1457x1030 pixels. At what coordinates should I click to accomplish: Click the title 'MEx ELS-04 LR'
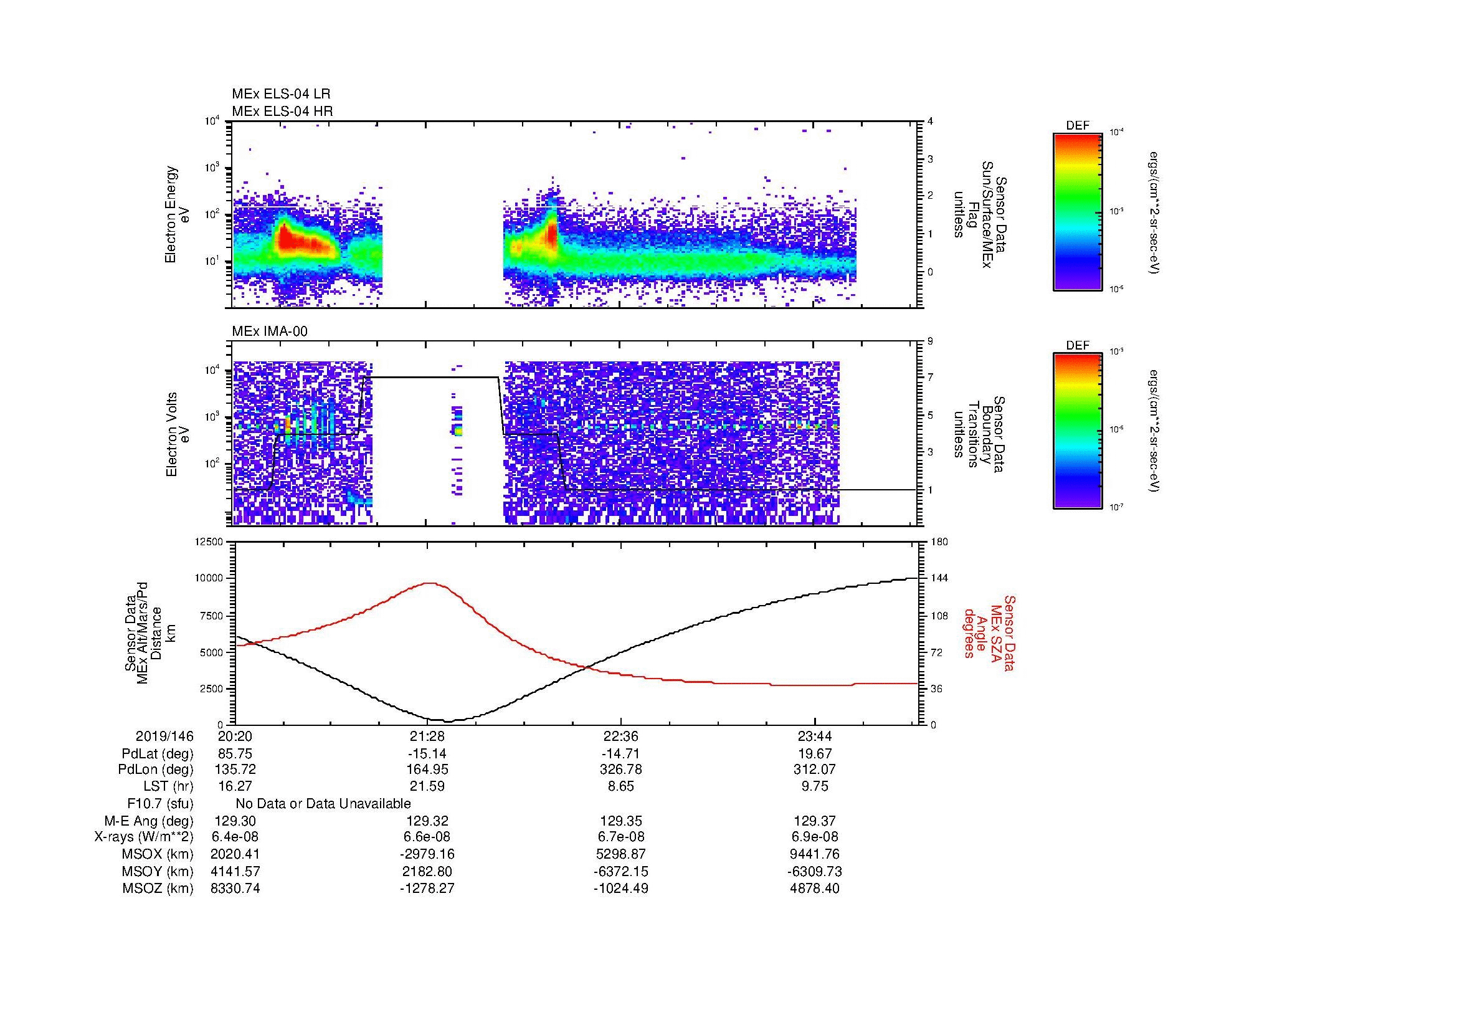pyautogui.click(x=280, y=94)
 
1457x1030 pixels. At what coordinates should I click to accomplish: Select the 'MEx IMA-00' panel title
pyautogui.click(x=270, y=331)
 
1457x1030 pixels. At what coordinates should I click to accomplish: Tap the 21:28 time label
pyautogui.click(x=427, y=737)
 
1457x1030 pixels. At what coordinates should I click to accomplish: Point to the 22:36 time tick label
pyautogui.click(x=620, y=737)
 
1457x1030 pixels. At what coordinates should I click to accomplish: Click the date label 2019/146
pyautogui.click(x=164, y=737)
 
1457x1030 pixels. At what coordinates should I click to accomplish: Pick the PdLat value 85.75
pyautogui.click(x=235, y=754)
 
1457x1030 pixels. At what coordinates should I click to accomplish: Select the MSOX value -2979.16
pyautogui.click(x=427, y=854)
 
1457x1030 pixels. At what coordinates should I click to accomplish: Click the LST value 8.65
pyautogui.click(x=620, y=787)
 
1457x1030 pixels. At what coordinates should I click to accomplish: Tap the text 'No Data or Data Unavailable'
pyautogui.click(x=323, y=804)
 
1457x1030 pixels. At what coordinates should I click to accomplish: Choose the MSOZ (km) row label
pyautogui.click(x=158, y=889)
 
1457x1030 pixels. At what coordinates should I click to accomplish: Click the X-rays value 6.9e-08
pyautogui.click(x=815, y=837)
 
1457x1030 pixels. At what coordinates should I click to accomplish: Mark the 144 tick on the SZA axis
pyautogui.click(x=940, y=578)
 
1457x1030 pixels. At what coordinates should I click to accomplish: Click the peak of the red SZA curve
pyautogui.click(x=430, y=583)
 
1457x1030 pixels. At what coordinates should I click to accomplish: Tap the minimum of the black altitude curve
pyautogui.click(x=448, y=722)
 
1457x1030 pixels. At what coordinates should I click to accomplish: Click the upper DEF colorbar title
pyautogui.click(x=1077, y=126)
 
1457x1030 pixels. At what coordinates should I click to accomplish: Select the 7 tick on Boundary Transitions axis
pyautogui.click(x=931, y=378)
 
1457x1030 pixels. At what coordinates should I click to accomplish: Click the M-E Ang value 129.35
pyautogui.click(x=620, y=821)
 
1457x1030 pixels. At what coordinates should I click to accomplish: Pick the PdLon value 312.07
pyautogui.click(x=815, y=770)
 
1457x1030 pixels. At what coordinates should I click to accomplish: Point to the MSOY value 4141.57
pyautogui.click(x=235, y=871)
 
